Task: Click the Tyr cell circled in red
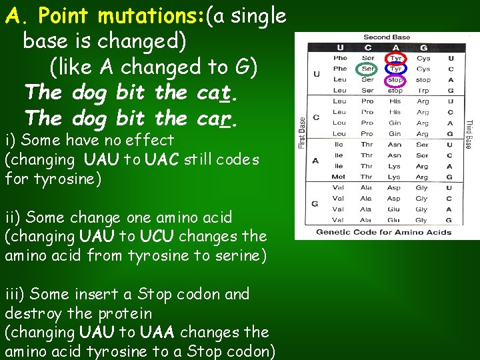pos(395,58)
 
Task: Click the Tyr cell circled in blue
pos(395,69)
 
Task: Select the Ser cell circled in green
pos(367,69)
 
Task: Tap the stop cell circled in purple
pos(395,80)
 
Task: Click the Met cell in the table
pos(339,177)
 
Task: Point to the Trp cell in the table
pos(423,91)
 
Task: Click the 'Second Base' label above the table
pos(387,37)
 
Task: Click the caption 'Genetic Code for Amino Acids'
pos(383,233)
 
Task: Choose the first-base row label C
pos(316,117)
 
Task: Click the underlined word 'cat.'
pos(217,92)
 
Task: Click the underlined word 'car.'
pos(217,118)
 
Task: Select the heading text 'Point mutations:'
pos(121,15)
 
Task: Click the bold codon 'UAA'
pos(157,332)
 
